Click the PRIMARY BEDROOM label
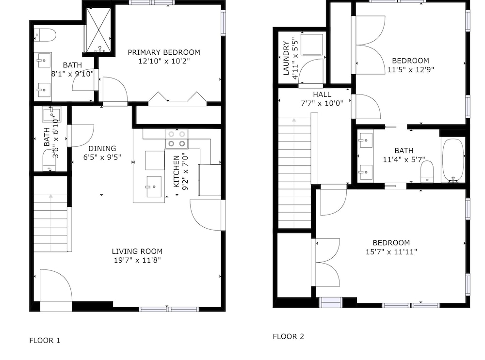[164, 52]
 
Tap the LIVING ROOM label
[137, 251]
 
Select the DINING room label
[102, 148]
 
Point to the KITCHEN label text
[177, 172]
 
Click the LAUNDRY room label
[286, 59]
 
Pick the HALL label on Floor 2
[322, 94]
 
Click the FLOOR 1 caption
[45, 341]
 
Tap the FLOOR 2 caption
[289, 337]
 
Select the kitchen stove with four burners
[177, 139]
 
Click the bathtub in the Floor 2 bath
[453, 159]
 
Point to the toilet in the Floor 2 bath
[427, 171]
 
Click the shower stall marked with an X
[98, 30]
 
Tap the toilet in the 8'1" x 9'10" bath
[45, 35]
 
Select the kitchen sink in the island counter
[154, 187]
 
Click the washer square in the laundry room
[312, 45]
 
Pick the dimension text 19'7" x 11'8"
[137, 260]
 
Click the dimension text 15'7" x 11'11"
[391, 252]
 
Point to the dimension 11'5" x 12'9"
[411, 69]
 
